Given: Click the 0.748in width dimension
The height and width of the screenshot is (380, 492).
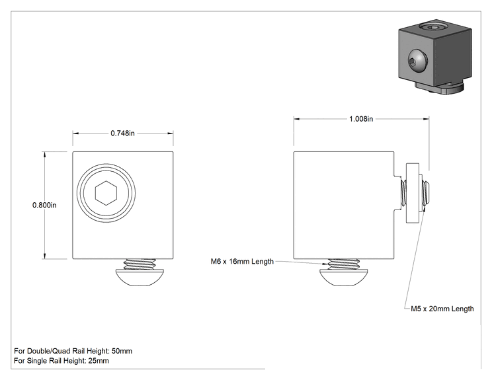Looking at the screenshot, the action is pyautogui.click(x=123, y=133).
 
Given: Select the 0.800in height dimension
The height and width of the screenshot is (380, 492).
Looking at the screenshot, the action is pyautogui.click(x=44, y=205).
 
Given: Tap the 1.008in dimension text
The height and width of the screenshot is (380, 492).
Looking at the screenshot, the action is pyautogui.click(x=361, y=119).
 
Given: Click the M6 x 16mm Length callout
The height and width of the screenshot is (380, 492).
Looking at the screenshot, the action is pyautogui.click(x=242, y=262).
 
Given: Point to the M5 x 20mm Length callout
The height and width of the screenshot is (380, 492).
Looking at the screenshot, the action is pyautogui.click(x=442, y=309).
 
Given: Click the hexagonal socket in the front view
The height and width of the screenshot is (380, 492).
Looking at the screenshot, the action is pyautogui.click(x=106, y=193).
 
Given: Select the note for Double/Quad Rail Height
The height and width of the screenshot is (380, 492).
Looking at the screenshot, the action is pyautogui.click(x=73, y=351).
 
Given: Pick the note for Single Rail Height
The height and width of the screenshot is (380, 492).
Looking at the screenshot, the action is pyautogui.click(x=61, y=361).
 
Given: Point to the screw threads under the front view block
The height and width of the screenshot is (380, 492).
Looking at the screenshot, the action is pyautogui.click(x=140, y=264).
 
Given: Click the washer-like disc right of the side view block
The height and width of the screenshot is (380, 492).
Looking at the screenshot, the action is pyautogui.click(x=413, y=193).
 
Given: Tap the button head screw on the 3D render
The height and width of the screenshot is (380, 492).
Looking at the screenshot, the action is pyautogui.click(x=417, y=61).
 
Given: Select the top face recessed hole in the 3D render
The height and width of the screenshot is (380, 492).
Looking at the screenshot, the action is pyautogui.click(x=434, y=28).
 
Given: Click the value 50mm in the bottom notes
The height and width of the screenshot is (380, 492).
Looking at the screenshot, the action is pyautogui.click(x=122, y=351).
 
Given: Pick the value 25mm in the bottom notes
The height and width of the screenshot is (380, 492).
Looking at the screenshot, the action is pyautogui.click(x=99, y=361).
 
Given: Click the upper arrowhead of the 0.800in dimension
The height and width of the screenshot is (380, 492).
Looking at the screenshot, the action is pyautogui.click(x=44, y=154).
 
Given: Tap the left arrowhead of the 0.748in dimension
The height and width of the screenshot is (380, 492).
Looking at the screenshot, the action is pyautogui.click(x=75, y=133).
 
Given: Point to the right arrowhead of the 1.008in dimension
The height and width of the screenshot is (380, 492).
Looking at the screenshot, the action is pyautogui.click(x=426, y=119).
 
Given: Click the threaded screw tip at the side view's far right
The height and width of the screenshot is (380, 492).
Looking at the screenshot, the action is pyautogui.click(x=426, y=193).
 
